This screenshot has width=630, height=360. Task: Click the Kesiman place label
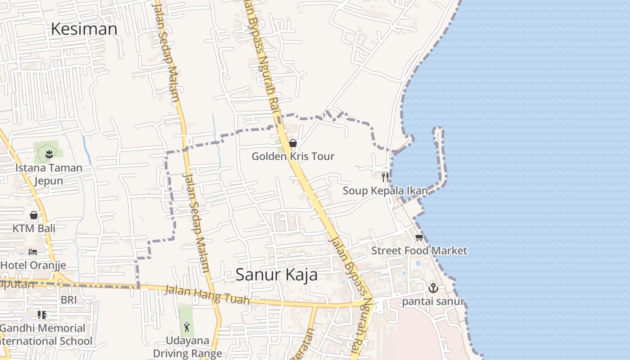pos(84,29)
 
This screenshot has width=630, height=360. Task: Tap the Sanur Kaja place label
pos(276,274)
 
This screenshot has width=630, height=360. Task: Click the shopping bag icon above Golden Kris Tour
pos(293,143)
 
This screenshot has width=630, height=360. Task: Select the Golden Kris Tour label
pos(293,157)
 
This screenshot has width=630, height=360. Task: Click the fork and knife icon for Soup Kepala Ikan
pos(385,177)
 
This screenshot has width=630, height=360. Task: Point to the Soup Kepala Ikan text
pos(385,191)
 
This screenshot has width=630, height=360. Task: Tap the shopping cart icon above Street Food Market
pos(419,237)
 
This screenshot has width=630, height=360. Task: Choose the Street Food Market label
pos(419,251)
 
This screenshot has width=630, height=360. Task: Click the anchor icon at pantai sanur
pos(433,288)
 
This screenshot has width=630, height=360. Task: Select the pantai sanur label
pos(433,301)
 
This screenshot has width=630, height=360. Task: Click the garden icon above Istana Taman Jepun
pos(49,154)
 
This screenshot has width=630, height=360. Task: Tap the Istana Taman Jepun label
pos(49,174)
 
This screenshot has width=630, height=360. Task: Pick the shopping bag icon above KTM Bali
pos(34,215)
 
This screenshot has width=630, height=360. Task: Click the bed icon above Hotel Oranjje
pos(33,252)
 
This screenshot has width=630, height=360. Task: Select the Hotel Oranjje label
pos(33,265)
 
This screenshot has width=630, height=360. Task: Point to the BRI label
pos(69,300)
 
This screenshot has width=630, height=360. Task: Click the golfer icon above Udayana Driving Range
pos(187,327)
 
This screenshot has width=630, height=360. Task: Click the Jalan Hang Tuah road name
pos(207,295)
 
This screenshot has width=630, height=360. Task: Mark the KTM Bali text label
pos(34,229)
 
